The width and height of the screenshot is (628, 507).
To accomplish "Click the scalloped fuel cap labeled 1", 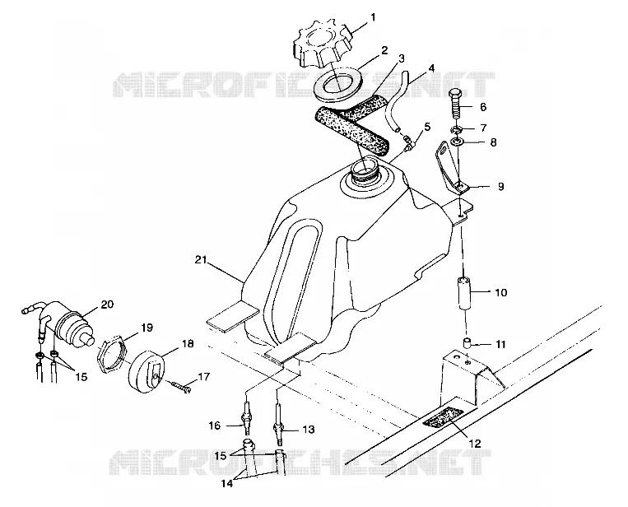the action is tap(323, 44).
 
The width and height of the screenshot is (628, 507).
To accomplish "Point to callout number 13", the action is tap(309, 430).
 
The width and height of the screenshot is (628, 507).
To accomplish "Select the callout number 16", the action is tap(215, 426).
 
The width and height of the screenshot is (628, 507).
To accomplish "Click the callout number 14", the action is tap(226, 483).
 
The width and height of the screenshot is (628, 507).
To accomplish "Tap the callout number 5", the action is tap(427, 127).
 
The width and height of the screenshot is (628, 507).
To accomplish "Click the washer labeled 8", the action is tap(456, 142).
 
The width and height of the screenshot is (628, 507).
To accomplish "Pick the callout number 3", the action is tap(402, 58).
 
